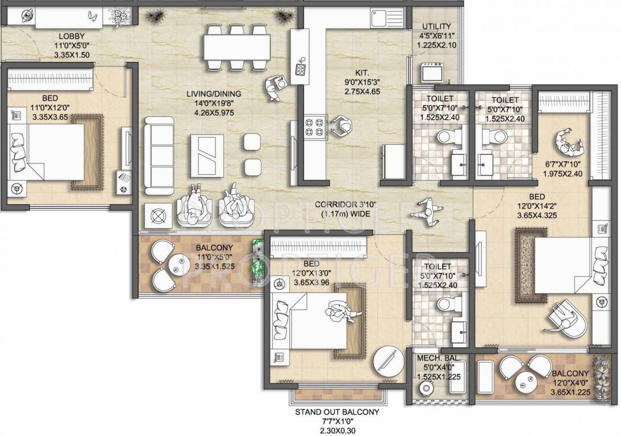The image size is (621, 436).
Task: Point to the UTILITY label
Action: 436,26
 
